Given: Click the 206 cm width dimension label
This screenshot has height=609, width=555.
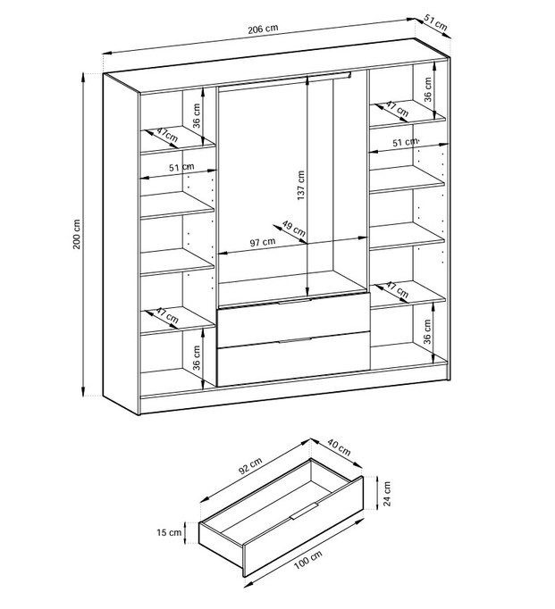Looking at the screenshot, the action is tap(263, 29).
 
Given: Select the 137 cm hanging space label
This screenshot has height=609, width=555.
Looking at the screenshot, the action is tap(301, 186).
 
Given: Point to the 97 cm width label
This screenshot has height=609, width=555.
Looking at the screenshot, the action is tap(263, 242).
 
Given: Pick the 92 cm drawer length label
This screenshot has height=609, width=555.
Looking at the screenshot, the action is tap(250, 466).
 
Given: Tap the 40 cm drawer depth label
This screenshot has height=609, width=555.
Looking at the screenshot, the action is tap(339, 447).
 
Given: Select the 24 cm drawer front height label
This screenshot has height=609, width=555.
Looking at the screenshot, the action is tap(387, 494).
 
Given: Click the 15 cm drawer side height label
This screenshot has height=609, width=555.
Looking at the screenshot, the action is tap(169, 532).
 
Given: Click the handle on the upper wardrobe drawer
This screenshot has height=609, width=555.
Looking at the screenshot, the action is tap(294, 302).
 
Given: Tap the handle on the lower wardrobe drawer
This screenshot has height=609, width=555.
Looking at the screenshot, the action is tap(295, 340).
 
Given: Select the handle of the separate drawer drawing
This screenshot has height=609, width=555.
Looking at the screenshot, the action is tap(305, 511).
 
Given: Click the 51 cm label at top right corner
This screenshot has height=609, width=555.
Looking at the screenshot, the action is tap(435, 23).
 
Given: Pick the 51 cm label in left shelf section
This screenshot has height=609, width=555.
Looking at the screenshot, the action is tap(181, 168).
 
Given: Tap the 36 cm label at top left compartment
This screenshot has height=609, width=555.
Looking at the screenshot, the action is tap(197, 116).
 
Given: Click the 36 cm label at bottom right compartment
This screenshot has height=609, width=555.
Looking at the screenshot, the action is tap(427, 331).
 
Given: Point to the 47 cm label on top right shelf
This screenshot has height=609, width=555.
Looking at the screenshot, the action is tap(397, 109).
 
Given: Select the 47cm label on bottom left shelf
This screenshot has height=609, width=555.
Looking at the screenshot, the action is tap(167, 315).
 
